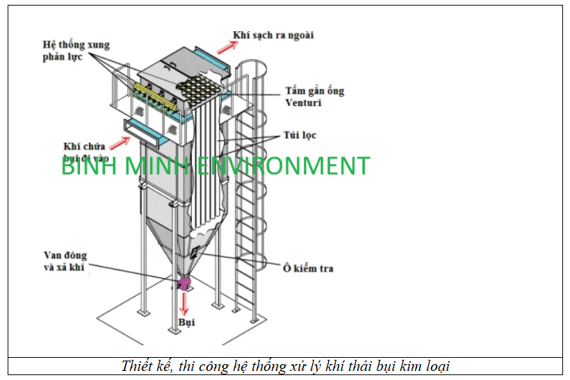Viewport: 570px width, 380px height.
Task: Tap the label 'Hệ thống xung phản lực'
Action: [75, 51]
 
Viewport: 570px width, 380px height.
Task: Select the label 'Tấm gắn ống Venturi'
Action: [314, 97]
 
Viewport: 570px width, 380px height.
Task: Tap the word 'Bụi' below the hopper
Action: [186, 322]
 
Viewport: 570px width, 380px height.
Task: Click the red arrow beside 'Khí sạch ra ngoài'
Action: [225, 46]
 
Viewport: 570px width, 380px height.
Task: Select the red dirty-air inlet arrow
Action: [122, 142]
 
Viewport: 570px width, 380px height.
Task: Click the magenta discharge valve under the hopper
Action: [184, 282]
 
